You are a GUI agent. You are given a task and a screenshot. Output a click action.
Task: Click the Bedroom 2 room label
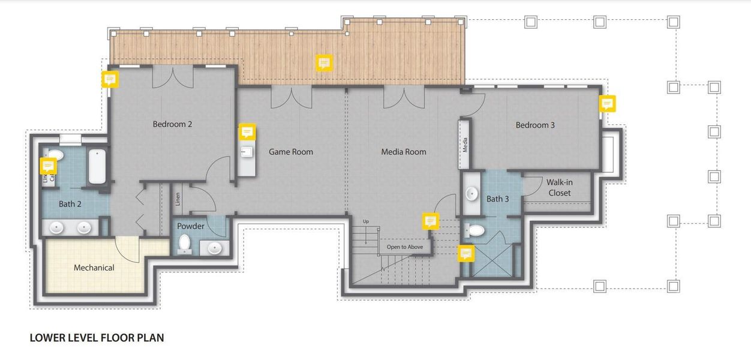(172, 124)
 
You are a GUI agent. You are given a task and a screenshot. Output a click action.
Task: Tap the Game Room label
(290, 152)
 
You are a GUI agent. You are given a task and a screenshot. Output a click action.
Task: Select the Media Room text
(404, 152)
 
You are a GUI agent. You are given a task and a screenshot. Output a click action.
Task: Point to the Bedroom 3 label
(535, 125)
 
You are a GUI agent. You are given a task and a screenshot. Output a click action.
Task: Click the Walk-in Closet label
(558, 187)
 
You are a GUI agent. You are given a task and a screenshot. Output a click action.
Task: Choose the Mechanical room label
(94, 268)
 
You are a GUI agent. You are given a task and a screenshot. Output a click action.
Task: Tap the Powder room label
(191, 226)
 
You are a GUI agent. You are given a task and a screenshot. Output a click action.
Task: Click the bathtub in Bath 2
(97, 167)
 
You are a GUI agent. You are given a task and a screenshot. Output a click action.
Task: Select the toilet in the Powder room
(185, 244)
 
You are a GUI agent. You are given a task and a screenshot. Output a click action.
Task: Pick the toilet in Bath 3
(476, 230)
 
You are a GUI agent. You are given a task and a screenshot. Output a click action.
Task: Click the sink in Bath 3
(472, 194)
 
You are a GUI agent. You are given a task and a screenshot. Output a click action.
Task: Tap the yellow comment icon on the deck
(324, 62)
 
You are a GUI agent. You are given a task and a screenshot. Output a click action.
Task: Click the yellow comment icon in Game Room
(248, 132)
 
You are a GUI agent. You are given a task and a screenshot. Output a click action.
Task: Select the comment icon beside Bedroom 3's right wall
(607, 104)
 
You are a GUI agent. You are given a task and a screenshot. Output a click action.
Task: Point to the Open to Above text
(404, 247)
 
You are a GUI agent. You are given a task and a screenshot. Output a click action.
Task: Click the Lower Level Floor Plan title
(97, 338)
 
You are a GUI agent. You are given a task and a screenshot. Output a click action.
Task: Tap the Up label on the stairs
(366, 221)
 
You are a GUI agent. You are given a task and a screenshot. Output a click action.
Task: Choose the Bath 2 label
(70, 204)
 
